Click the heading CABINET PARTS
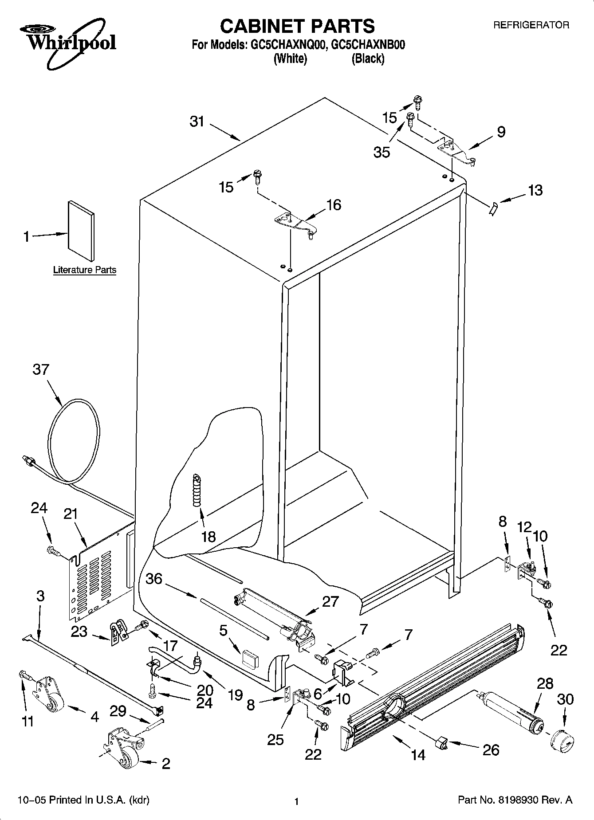pos(297,26)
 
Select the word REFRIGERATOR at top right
pos(531,25)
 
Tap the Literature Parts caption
pos(84,270)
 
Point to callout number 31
pos(197,121)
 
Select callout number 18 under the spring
pos(208,536)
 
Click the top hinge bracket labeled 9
pos(457,151)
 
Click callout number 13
pos(535,190)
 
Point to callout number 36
pos(153,579)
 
